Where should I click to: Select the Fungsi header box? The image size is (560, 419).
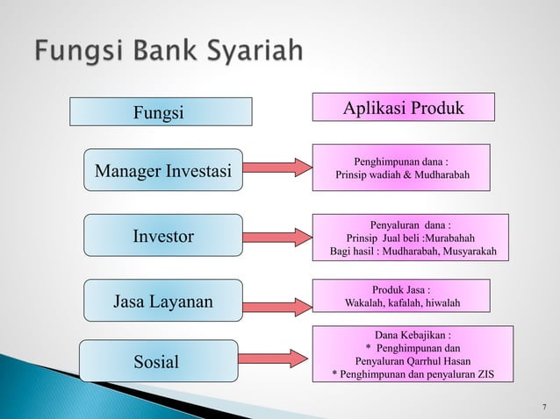(x=161, y=112)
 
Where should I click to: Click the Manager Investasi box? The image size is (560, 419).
(x=163, y=170)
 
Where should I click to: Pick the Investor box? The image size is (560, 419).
(x=163, y=236)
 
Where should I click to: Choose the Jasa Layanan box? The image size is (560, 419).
(x=163, y=302)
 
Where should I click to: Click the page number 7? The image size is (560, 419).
(x=544, y=406)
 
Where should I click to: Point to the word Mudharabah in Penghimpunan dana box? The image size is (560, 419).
(x=440, y=176)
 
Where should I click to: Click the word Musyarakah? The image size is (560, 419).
(x=466, y=252)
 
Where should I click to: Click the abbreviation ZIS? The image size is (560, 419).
(x=482, y=374)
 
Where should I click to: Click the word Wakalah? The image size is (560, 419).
(x=366, y=303)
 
